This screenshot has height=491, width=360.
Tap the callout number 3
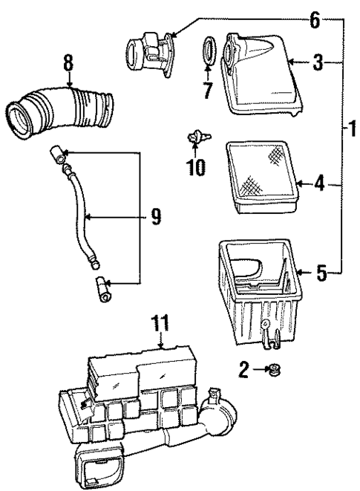pyautogui.click(x=318, y=65)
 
